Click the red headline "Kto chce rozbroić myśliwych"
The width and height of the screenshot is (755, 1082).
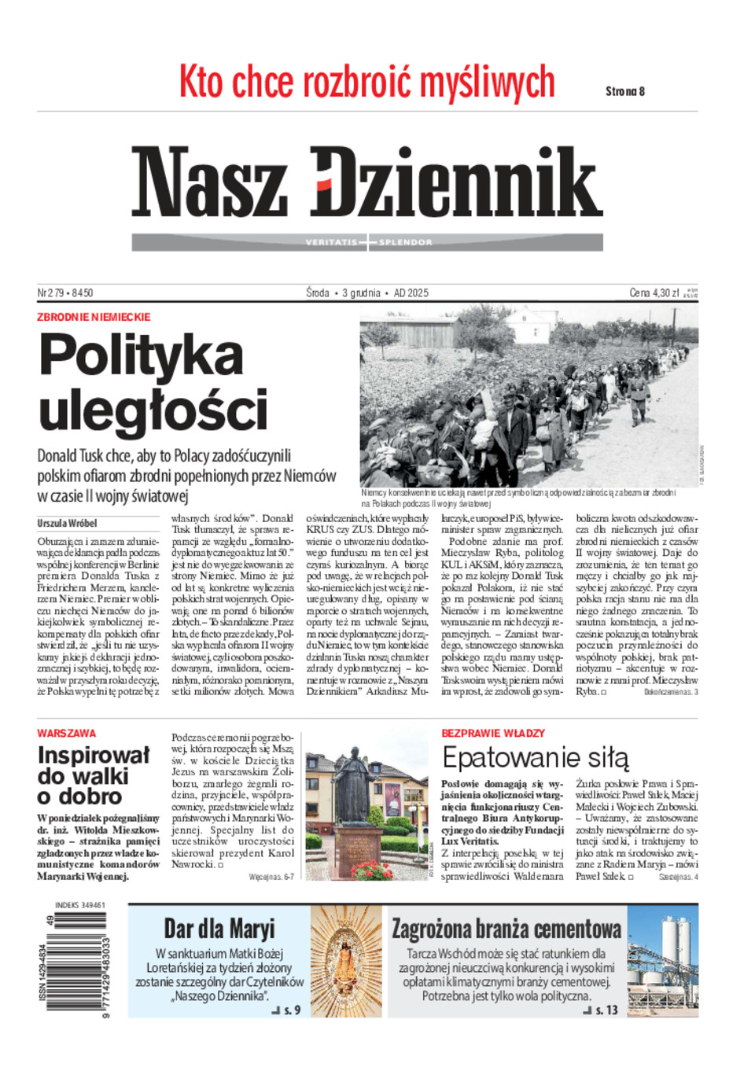pyautogui.click(x=366, y=83)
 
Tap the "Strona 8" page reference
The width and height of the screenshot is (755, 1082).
pyautogui.click(x=625, y=91)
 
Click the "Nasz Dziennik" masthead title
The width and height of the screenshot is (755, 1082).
pyautogui.click(x=366, y=182)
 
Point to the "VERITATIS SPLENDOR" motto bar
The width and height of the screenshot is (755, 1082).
pyautogui.click(x=367, y=242)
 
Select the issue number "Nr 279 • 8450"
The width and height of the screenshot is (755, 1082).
pyautogui.click(x=65, y=293)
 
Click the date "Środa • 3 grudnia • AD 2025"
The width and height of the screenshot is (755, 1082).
pyautogui.click(x=367, y=293)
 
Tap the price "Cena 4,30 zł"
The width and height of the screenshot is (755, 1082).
pyautogui.click(x=654, y=293)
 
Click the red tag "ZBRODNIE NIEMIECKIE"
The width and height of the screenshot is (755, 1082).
pyautogui.click(x=94, y=317)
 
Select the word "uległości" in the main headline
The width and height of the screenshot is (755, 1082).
pyautogui.click(x=153, y=410)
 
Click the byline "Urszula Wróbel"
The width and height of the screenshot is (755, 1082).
pyautogui.click(x=67, y=523)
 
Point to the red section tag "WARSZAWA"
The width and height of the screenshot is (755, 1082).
pyautogui.click(x=66, y=733)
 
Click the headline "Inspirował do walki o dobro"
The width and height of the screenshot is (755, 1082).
pyautogui.click(x=93, y=775)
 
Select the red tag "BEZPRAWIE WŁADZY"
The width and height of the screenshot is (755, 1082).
pyautogui.click(x=493, y=733)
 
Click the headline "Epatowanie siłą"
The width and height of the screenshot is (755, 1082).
pyautogui.click(x=535, y=758)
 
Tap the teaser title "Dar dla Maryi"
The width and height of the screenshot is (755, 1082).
pyautogui.click(x=219, y=929)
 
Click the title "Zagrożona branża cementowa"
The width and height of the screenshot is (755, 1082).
pyautogui.click(x=506, y=929)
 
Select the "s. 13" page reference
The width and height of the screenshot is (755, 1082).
pyautogui.click(x=606, y=1010)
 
